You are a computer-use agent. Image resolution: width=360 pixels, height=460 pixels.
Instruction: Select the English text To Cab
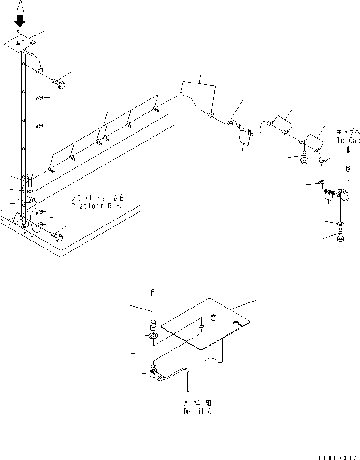click(347, 140)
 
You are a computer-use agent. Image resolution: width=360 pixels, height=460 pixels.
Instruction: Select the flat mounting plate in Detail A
click(206, 323)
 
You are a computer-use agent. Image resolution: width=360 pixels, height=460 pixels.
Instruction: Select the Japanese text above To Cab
click(348, 133)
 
